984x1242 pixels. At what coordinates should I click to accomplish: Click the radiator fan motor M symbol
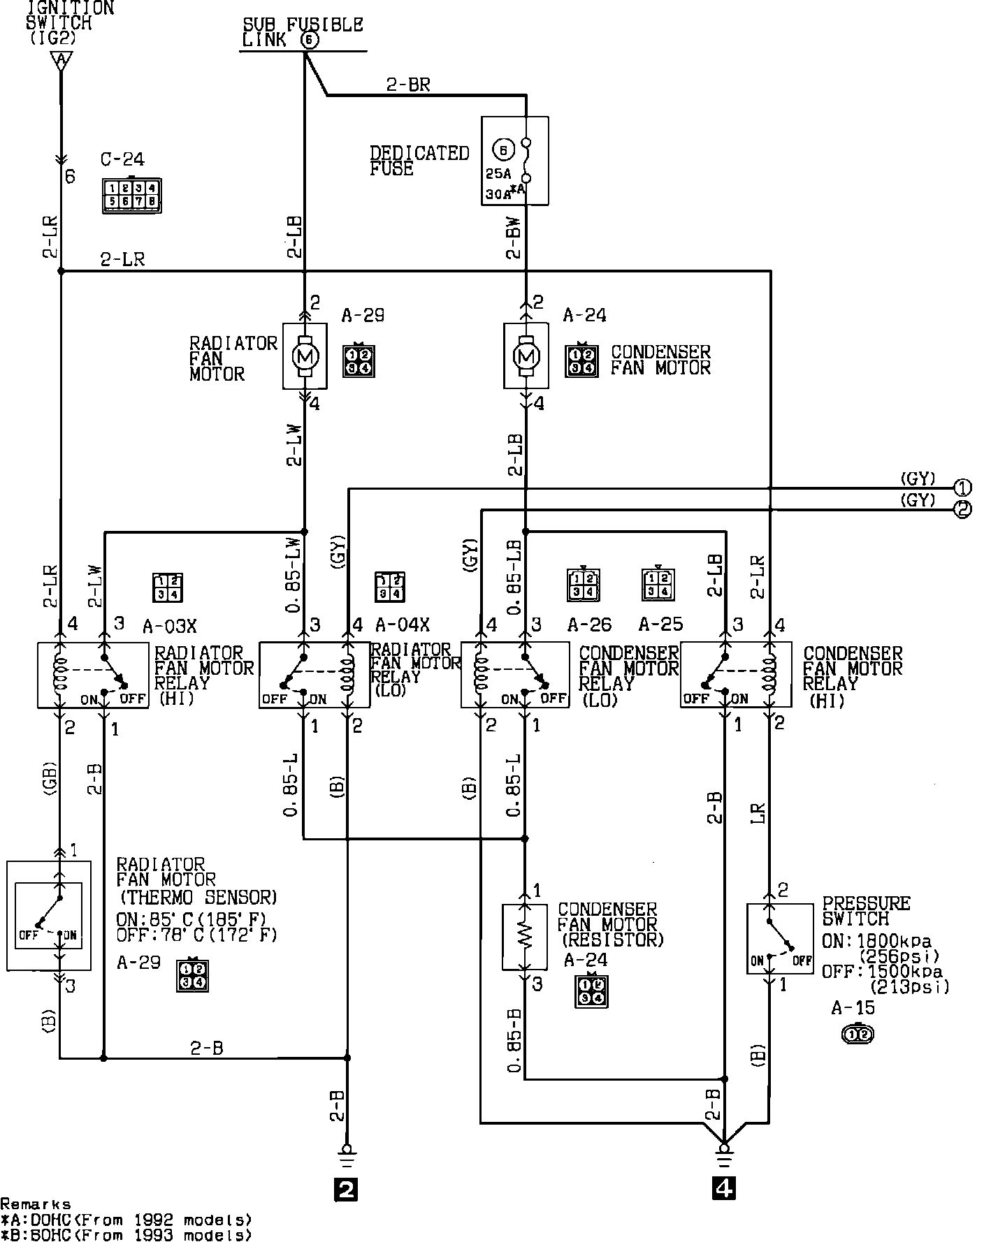pos(305,356)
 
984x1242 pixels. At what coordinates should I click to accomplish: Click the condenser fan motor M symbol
pos(526,356)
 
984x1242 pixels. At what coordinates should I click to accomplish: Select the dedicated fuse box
pos(515,161)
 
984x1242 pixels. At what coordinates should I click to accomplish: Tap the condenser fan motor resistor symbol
pos(526,937)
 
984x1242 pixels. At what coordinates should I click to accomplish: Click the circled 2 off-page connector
pos(963,509)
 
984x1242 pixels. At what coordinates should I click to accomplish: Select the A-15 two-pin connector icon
pos(858,1033)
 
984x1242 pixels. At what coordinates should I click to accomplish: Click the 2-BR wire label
pos(408,85)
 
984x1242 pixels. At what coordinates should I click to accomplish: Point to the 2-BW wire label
pos(514,238)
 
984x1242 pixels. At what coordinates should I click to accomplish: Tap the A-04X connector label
pos(402,624)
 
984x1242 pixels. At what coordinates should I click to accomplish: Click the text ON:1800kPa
pos(876,941)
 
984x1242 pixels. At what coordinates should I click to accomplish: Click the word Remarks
pos(35,1204)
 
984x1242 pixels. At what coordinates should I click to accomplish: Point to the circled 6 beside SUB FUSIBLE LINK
pos(310,41)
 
